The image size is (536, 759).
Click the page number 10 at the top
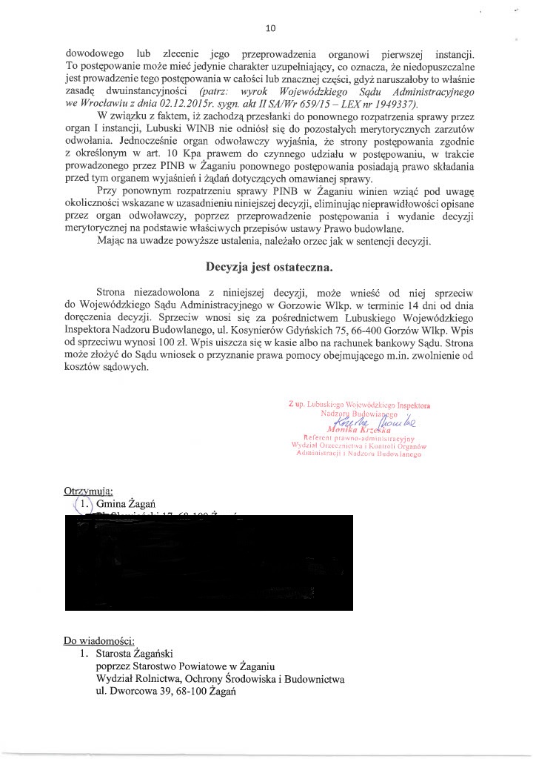pos(270,29)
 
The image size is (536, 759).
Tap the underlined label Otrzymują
pos(88,490)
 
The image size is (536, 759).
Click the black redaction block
pos(215,564)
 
